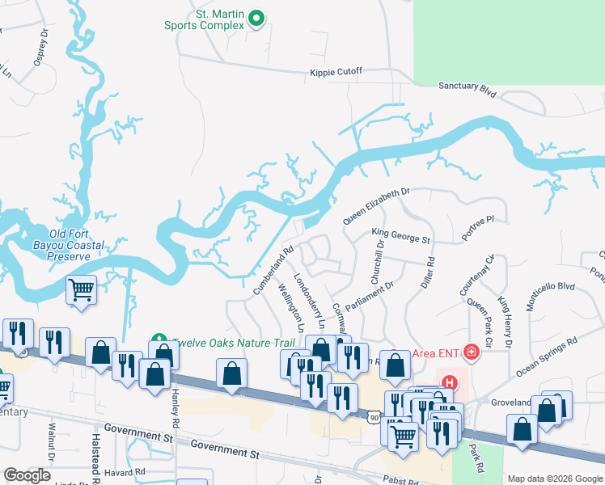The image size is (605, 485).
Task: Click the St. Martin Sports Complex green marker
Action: tap(256, 17)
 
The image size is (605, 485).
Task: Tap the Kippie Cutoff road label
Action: tap(336, 72)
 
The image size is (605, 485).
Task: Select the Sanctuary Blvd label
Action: tap(467, 88)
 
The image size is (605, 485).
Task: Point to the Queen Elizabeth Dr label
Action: tap(377, 206)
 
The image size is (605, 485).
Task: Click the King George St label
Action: tap(401, 236)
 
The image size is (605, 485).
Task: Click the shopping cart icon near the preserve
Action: tap(82, 289)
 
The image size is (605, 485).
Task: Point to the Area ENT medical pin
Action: tap(468, 352)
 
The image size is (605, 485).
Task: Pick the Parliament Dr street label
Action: tap(369, 297)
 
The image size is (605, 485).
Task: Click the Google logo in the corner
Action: tap(27, 475)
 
